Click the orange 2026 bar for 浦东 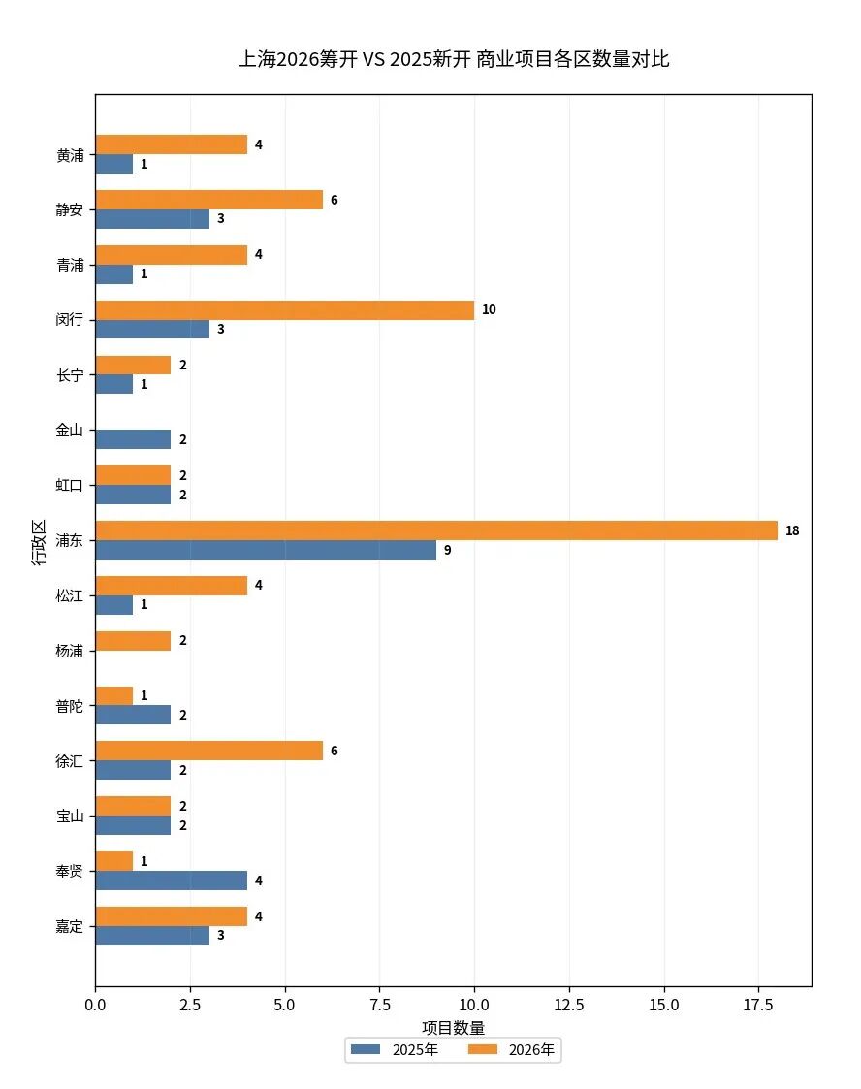436,530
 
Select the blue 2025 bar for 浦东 266,550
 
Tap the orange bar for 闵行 285,310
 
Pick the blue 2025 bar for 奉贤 171,881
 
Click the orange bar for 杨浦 133,641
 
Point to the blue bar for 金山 133,439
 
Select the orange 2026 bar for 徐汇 208,752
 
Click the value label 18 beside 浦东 792,531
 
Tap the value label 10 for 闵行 489,310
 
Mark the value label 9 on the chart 447,551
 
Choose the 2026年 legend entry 512,1050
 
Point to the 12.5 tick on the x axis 569,1006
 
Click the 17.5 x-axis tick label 759,1006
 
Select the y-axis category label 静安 70,209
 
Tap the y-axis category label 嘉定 70,926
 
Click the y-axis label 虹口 70,485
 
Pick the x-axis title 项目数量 453,1027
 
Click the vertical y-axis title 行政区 39,541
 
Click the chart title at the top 453,59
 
